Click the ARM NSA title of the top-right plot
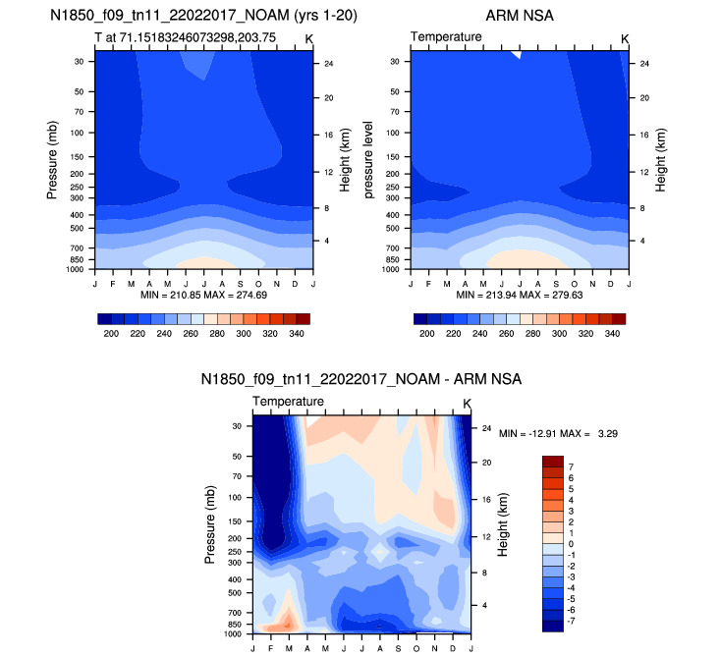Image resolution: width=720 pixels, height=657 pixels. coord(518,16)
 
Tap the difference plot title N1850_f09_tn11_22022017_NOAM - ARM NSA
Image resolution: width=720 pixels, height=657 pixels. coord(360,379)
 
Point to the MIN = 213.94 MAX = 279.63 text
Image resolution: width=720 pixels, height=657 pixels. coord(520,294)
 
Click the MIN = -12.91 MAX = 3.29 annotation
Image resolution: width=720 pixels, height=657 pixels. coord(558,433)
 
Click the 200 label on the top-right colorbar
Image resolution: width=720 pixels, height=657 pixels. coord(425,334)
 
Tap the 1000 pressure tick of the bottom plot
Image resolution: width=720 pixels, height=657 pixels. coord(237,633)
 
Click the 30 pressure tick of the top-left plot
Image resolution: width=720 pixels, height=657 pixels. coord(77,61)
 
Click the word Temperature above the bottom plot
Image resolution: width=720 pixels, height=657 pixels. coord(288,403)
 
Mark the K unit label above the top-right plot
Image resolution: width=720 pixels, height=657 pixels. coord(624,38)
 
